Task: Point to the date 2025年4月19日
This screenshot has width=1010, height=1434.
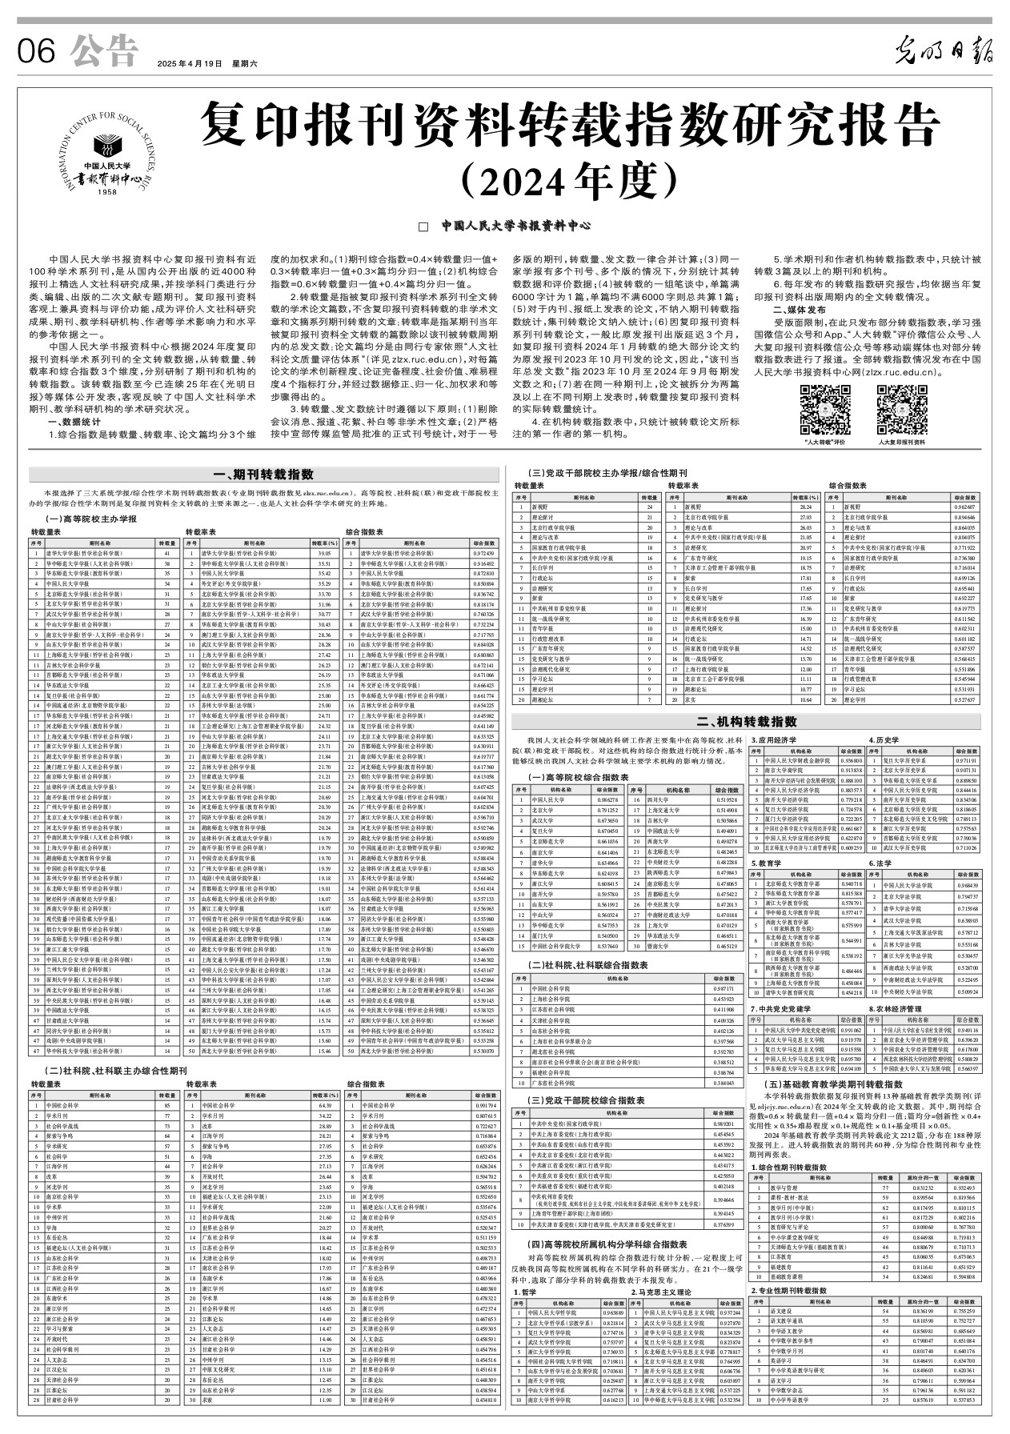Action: pos(189,63)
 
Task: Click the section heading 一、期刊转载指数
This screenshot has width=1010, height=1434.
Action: pos(269,475)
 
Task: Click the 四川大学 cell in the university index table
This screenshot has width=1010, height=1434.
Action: pos(659,799)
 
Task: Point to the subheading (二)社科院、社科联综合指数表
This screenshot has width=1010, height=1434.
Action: pos(588,965)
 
